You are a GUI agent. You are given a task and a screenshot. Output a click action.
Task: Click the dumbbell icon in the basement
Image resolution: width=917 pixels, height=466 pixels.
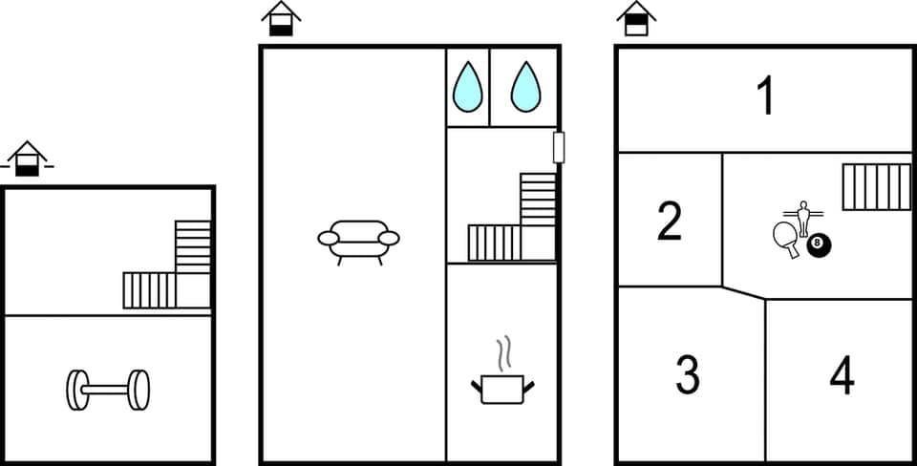coord(108,390)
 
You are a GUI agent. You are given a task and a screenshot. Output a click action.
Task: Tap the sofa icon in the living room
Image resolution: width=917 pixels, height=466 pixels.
coord(358,240)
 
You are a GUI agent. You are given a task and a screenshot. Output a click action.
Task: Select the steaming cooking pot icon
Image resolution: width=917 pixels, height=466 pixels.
coord(502,388)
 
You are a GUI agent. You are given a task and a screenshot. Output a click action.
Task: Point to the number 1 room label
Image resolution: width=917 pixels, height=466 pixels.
coord(764,97)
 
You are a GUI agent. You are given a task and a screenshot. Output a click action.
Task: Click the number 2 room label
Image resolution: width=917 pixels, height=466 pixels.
coord(670,221)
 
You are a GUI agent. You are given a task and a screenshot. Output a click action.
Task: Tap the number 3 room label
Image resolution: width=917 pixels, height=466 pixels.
coord(688,374)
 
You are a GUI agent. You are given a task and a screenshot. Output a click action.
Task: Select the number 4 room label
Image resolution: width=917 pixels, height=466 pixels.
coord(841,374)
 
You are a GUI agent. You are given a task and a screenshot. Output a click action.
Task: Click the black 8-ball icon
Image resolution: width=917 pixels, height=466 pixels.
coord(820,246)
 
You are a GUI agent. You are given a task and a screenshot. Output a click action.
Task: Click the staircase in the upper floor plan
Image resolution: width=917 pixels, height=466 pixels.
coord(876,186)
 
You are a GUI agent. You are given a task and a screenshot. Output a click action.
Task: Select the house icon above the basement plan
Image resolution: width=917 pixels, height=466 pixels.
coord(28,159)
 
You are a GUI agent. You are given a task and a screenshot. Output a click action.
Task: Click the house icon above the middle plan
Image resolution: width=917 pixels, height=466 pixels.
coord(281,18)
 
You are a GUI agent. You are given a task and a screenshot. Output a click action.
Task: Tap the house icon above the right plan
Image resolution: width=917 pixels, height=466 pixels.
coord(636,18)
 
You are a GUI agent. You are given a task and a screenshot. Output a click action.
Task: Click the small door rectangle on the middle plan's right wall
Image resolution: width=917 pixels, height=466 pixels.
coord(559,148)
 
